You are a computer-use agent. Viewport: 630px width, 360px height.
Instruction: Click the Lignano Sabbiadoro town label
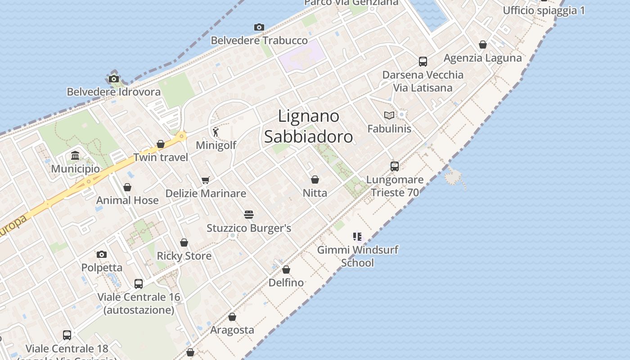pos(308,126)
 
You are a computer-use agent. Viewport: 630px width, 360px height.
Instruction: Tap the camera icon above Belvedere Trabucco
pos(259,27)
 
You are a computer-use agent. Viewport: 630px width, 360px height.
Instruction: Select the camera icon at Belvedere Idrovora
pos(114,79)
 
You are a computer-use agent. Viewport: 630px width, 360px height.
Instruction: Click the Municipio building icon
pos(75,156)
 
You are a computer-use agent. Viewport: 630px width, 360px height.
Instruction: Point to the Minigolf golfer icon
pos(216,132)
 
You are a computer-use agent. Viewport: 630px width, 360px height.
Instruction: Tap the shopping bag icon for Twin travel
pos(161,144)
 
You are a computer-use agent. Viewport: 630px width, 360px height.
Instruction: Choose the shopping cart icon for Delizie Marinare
pos(206,180)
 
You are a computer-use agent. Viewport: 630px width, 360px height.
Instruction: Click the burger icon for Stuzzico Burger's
pos(249,214)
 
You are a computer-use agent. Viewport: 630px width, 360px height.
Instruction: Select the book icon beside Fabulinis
pos(389,115)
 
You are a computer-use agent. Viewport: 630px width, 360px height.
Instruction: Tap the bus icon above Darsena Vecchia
pos(423,62)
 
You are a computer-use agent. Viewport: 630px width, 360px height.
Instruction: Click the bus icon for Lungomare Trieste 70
pos(395,166)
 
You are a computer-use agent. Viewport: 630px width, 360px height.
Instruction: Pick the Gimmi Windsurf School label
pos(358,256)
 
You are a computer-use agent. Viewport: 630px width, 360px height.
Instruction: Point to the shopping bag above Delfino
pos(286,270)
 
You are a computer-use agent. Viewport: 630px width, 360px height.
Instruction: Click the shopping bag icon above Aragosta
pos(232,317)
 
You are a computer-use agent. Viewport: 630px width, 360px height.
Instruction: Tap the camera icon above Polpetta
pos(102,255)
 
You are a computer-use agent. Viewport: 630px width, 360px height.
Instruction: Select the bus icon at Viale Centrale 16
pos(139,284)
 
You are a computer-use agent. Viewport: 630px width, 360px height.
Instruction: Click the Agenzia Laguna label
pos(482,58)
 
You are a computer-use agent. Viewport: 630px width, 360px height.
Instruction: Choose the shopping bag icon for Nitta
pos(315,180)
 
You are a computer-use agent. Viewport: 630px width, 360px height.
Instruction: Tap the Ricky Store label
pos(184,256)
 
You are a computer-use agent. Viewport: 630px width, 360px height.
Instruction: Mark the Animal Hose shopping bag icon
pos(127,187)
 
